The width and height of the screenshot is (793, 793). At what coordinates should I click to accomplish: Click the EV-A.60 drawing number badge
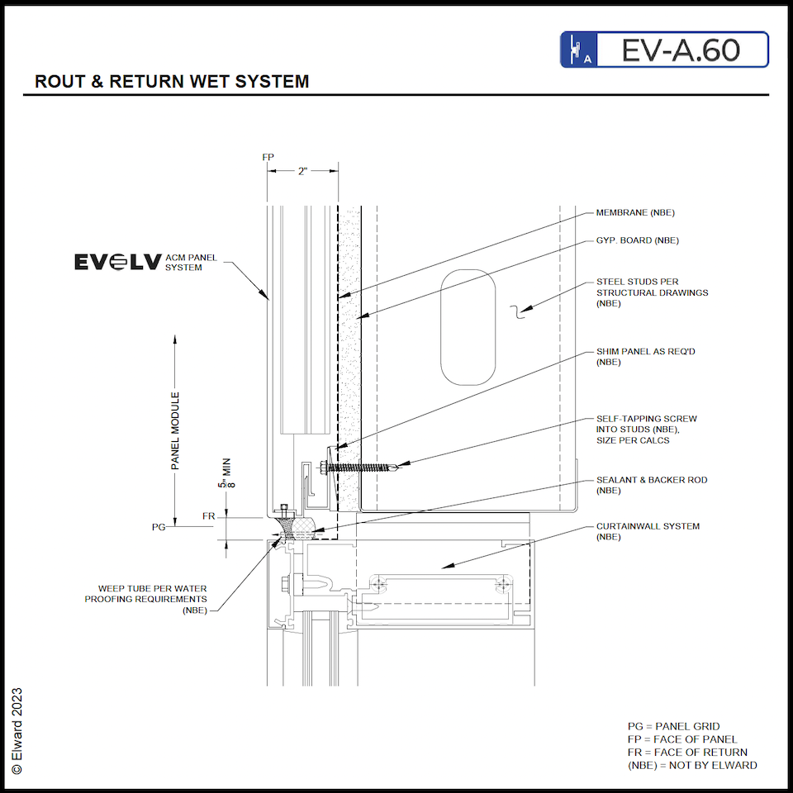click(x=664, y=50)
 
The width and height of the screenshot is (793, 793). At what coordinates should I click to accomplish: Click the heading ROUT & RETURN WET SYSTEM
click(x=172, y=82)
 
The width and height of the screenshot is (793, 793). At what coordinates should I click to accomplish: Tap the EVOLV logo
click(x=118, y=262)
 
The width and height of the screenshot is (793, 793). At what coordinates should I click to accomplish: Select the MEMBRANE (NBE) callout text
click(x=635, y=213)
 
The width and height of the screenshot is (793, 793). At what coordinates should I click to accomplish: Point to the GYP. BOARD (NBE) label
click(x=637, y=240)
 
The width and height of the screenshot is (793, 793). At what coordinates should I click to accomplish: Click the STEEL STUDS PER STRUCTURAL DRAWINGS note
click(x=652, y=292)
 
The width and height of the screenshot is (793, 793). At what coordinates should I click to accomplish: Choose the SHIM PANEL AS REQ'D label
click(x=646, y=357)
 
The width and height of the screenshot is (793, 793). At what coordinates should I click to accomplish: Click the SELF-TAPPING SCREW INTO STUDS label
click(x=646, y=430)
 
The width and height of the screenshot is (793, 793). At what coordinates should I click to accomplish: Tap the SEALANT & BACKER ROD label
click(x=651, y=485)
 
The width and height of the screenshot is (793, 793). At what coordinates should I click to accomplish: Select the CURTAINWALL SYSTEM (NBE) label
click(x=648, y=531)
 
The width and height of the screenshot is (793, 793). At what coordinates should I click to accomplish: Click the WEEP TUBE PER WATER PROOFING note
click(x=146, y=599)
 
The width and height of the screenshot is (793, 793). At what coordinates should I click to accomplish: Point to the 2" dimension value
click(x=303, y=171)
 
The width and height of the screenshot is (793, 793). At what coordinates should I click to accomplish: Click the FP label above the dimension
click(x=268, y=156)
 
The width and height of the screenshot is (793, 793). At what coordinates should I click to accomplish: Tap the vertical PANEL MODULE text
click(x=175, y=431)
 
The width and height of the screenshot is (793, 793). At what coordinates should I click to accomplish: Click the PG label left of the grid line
click(x=159, y=526)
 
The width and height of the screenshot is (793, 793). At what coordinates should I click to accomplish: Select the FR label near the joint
click(x=209, y=516)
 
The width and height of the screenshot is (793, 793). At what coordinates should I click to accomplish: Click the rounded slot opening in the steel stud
click(x=468, y=326)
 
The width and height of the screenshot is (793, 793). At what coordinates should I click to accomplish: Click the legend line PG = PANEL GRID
click(x=673, y=727)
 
